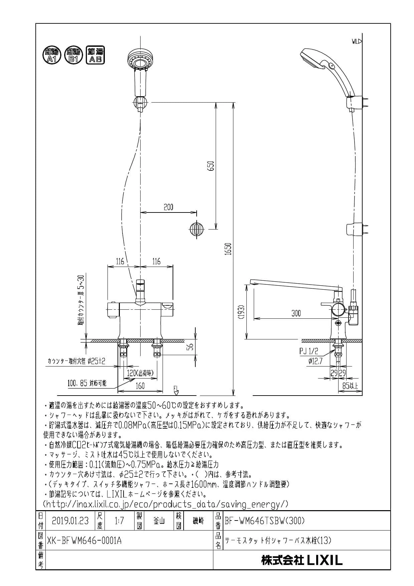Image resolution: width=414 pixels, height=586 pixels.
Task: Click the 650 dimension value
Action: point(211,166)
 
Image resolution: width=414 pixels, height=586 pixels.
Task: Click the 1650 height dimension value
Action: point(228,249)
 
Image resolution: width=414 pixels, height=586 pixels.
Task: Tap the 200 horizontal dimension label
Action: point(169,207)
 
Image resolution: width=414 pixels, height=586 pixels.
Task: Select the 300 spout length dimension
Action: point(296,313)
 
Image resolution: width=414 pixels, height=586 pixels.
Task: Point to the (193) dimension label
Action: point(243,311)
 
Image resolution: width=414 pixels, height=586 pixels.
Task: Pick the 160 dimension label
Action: point(140,386)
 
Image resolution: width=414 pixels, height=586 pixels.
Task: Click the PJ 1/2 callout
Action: point(309,351)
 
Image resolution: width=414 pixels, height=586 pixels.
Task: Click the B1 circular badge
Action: point(73,55)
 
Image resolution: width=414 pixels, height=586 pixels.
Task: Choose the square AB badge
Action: point(95,55)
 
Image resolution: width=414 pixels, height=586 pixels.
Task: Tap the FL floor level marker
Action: point(176,390)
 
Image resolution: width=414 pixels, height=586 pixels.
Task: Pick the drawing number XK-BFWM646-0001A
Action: point(85,540)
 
